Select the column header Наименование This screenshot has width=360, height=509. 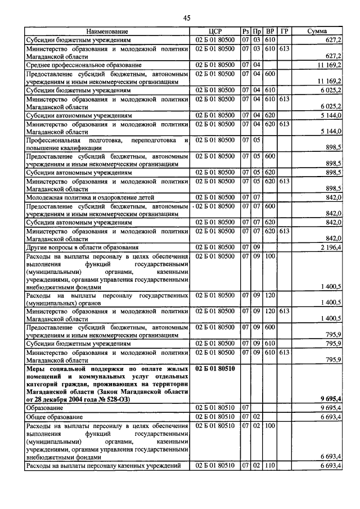pyautogui.click(x=107, y=31)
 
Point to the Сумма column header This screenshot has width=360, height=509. pyautogui.click(x=318, y=31)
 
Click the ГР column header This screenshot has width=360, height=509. pyautogui.click(x=284, y=31)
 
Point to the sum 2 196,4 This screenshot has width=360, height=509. pyautogui.click(x=331, y=247)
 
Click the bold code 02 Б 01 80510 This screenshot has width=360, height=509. pyautogui.click(x=215, y=368)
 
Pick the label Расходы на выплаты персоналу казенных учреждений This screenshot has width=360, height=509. pyautogui.click(x=103, y=466)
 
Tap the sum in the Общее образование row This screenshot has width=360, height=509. pyautogui.click(x=330, y=417)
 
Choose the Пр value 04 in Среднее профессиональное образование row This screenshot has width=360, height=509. pyautogui.click(x=256, y=65)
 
